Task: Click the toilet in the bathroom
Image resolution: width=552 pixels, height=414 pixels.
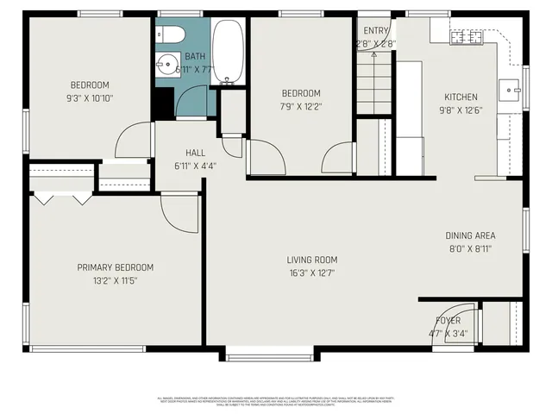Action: [x=170, y=34]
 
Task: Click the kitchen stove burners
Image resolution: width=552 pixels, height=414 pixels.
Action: [x=469, y=37]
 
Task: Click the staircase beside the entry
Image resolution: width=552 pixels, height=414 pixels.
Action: [x=375, y=82]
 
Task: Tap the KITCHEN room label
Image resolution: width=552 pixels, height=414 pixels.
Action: [x=461, y=97]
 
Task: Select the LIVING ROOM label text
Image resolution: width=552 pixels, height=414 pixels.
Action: [x=312, y=260]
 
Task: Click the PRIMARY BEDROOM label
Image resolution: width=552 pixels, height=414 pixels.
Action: [x=115, y=267]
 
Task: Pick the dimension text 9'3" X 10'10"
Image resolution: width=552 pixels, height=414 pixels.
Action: [x=91, y=97]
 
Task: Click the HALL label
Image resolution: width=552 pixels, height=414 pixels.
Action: [x=195, y=153]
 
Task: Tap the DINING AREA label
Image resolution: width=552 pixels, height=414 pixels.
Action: [x=470, y=235]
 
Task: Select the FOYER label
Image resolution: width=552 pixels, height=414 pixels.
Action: [x=447, y=320]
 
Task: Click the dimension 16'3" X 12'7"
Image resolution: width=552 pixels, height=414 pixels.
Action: [x=312, y=273]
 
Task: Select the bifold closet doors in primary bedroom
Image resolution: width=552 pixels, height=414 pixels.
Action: [x=61, y=199]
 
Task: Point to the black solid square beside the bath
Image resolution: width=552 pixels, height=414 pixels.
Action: [x=162, y=103]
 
